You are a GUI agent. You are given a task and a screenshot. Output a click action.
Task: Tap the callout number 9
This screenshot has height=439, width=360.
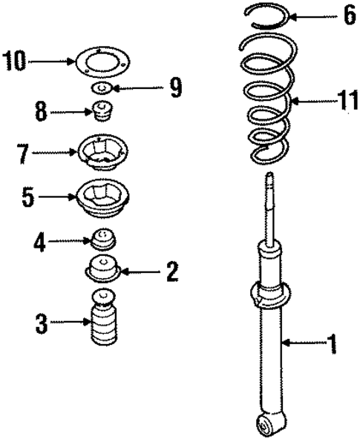point(175,89)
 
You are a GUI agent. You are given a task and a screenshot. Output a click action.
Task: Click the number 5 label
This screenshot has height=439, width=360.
point(27,198)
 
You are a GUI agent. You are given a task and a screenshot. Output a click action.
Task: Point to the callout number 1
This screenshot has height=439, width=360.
point(332,343)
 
